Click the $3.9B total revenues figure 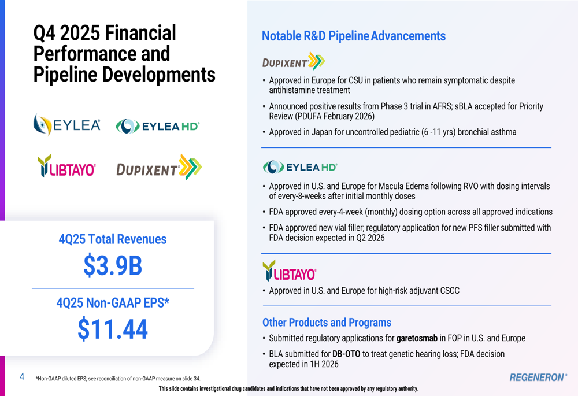tap(113, 265)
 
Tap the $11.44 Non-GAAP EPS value tap(113, 329)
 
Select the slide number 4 tap(22, 377)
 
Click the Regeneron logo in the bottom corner tap(538, 378)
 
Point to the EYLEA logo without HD tap(67, 124)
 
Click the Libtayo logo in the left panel tap(66, 167)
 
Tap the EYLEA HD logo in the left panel tap(158, 125)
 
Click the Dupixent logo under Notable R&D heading tap(294, 61)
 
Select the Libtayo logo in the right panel tap(290, 271)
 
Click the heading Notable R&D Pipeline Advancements tap(354, 36)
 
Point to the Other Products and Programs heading tap(327, 323)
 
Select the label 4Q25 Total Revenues tap(113, 239)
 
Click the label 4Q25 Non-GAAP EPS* tap(113, 302)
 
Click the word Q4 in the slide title tap(46, 33)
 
